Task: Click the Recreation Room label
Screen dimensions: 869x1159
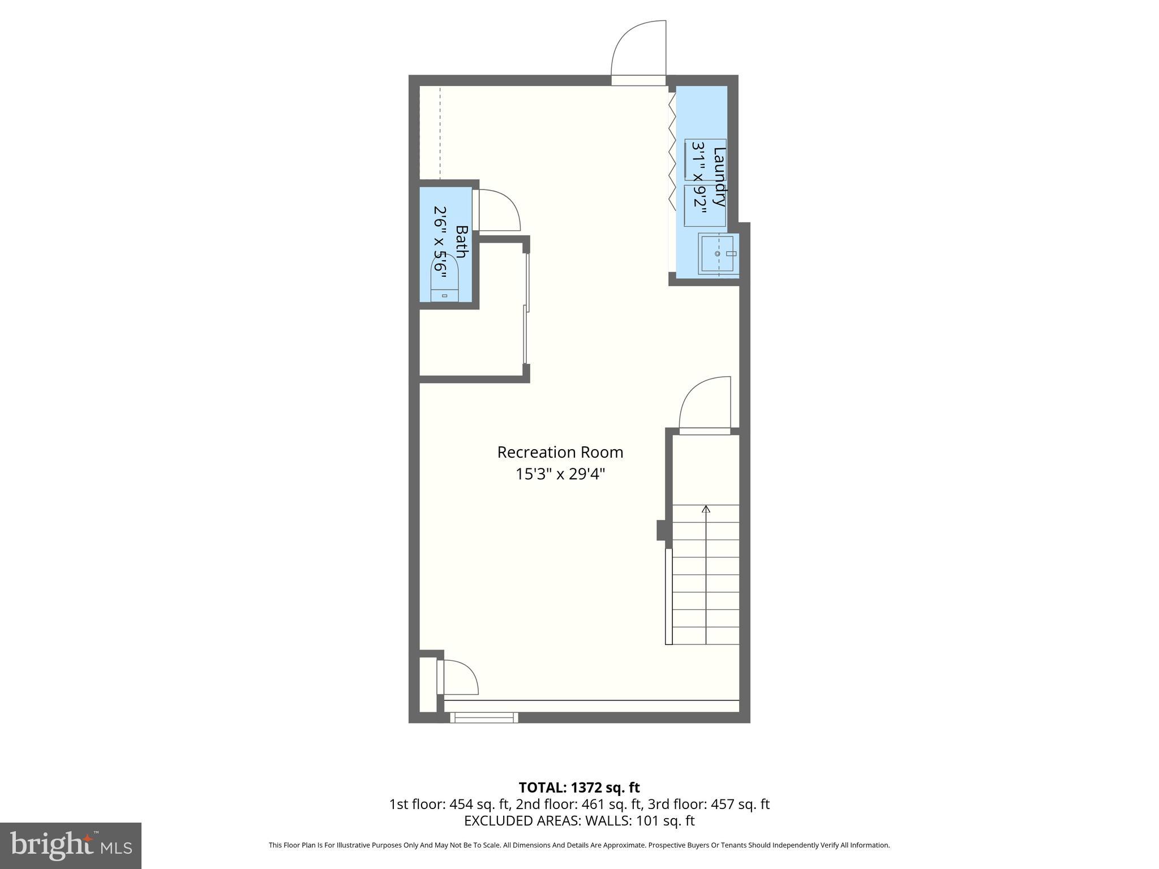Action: click(560, 452)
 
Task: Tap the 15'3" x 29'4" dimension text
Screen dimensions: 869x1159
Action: click(560, 474)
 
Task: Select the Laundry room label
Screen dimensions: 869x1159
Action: click(719, 177)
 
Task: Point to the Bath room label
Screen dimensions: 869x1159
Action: click(461, 242)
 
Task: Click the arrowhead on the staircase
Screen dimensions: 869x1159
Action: click(706, 509)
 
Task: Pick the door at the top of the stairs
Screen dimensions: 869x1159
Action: click(705, 405)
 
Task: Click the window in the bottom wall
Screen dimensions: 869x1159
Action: click(484, 717)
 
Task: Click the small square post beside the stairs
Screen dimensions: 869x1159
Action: click(660, 530)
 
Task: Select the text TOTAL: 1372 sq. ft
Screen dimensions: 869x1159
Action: click(579, 787)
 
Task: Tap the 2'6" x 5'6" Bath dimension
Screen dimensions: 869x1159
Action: click(440, 242)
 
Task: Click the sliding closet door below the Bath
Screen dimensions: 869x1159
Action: click(526, 308)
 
